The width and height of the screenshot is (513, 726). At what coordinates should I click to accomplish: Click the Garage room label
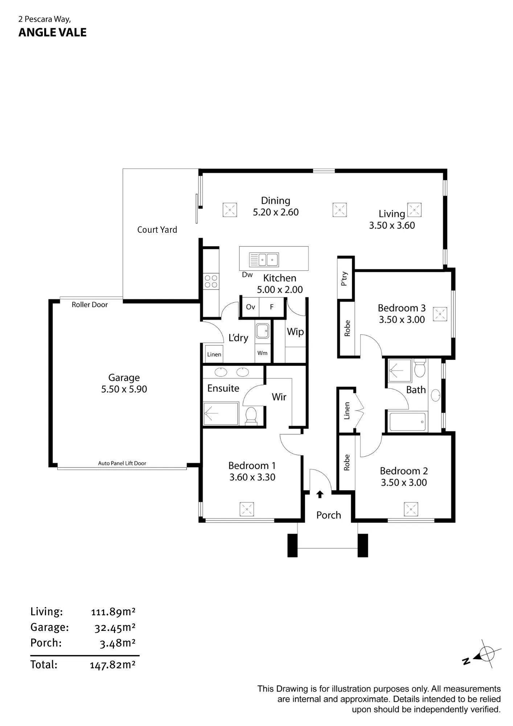coord(124,378)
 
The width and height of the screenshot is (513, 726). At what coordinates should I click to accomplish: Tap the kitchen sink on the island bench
coord(264,260)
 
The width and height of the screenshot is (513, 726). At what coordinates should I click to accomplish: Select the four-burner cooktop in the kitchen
coord(211,281)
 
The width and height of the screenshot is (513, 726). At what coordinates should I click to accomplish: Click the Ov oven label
coord(251,307)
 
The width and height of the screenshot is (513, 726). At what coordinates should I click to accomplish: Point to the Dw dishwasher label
coord(247,275)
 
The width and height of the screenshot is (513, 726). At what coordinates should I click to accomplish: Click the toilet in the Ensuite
coord(251,416)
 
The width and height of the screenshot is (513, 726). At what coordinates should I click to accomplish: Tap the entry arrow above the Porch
coord(320,494)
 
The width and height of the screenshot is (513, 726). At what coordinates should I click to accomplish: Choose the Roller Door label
coord(90,305)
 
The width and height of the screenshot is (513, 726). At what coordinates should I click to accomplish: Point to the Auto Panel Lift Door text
coord(122,463)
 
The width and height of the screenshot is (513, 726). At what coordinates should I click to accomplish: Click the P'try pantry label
coord(345,278)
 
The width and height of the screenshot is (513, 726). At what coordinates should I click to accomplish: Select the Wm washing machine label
coord(262,353)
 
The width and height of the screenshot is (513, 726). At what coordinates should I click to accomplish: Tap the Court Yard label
coord(157,230)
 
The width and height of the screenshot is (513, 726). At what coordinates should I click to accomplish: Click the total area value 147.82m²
coord(113,665)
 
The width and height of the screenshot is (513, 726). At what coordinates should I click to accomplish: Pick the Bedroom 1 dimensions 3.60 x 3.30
coord(252,477)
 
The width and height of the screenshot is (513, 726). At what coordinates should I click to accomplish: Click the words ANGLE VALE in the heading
coord(53,32)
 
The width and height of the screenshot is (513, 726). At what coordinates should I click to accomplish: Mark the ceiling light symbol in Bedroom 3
coord(440,314)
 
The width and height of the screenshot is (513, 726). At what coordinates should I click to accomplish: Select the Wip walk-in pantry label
coord(295,332)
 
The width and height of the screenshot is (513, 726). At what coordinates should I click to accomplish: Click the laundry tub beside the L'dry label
coord(262,331)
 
